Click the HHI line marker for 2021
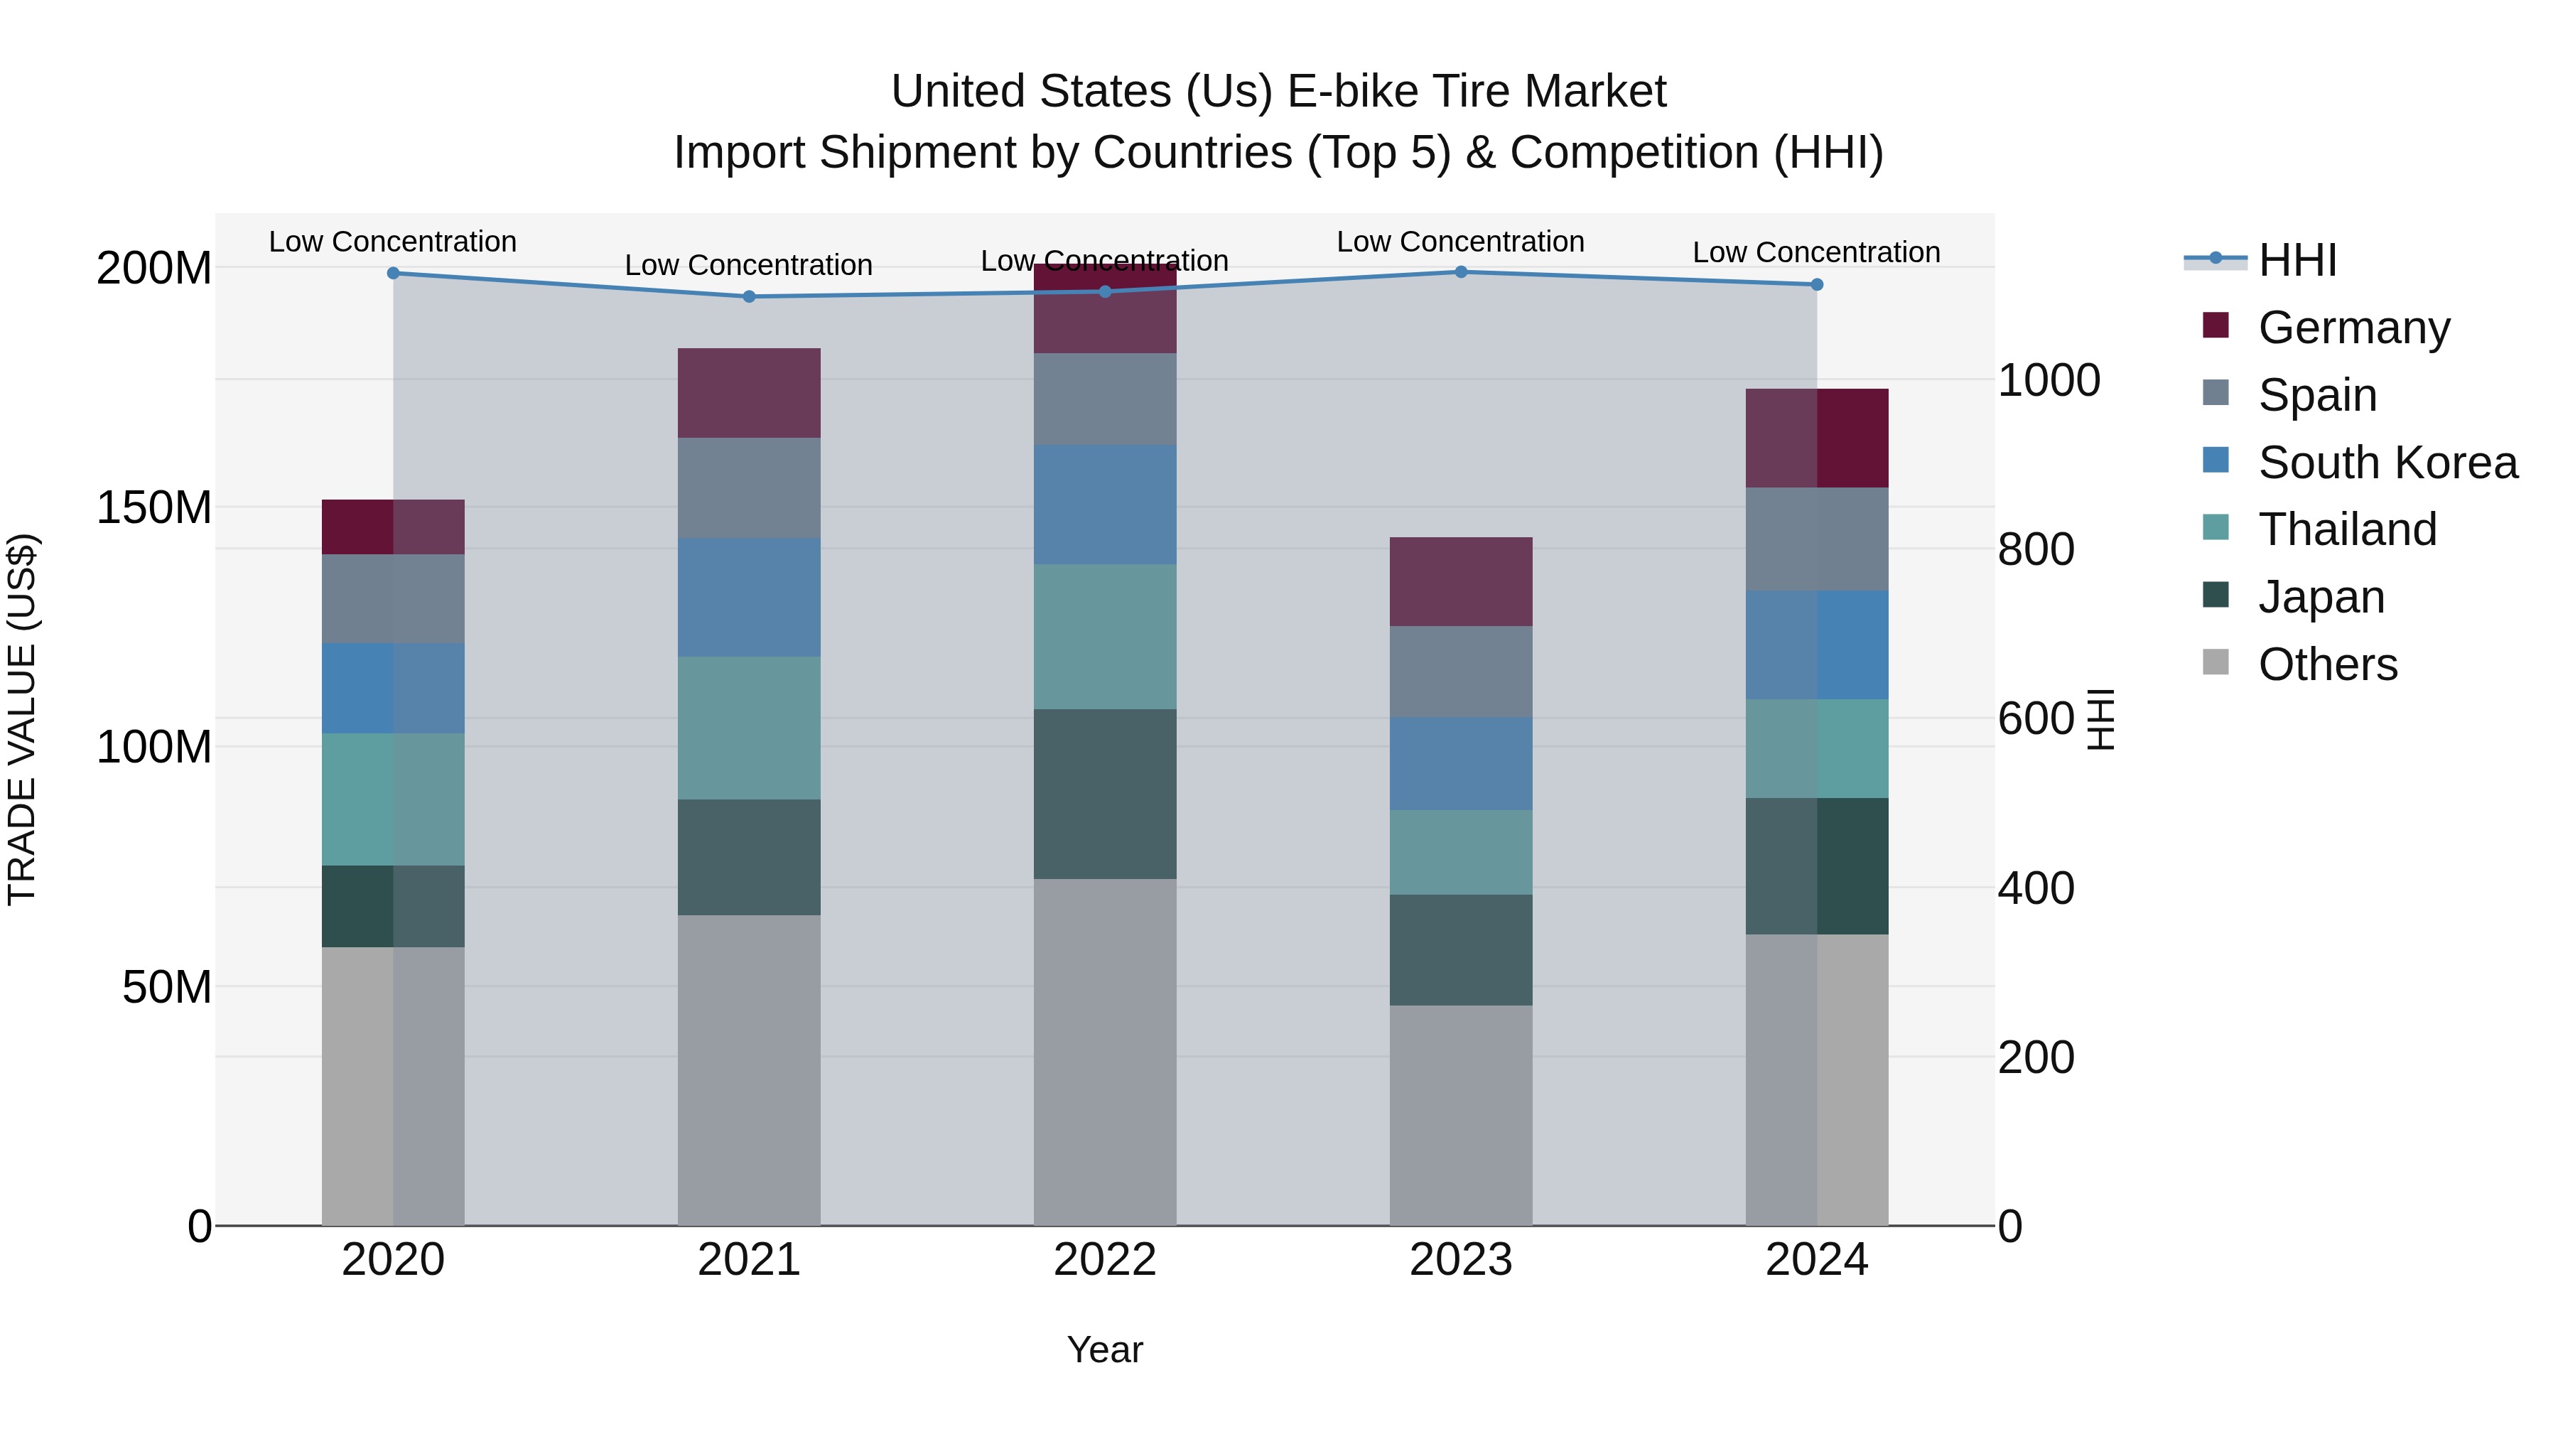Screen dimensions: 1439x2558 tap(749, 296)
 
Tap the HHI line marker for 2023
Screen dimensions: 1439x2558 tap(1461, 271)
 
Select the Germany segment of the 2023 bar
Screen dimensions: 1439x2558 tap(1461, 581)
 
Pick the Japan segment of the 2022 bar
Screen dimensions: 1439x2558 tap(1104, 794)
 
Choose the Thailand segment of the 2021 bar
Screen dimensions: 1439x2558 tap(749, 727)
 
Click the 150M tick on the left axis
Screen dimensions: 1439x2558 tap(154, 507)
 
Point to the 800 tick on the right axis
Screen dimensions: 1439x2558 tap(2036, 549)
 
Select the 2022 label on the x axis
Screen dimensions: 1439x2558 tap(1104, 1259)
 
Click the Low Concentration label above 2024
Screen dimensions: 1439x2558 tap(1816, 252)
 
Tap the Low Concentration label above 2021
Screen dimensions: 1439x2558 tap(749, 265)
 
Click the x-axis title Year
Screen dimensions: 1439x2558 tap(1104, 1349)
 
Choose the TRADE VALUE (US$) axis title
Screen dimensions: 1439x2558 tap(22, 719)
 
